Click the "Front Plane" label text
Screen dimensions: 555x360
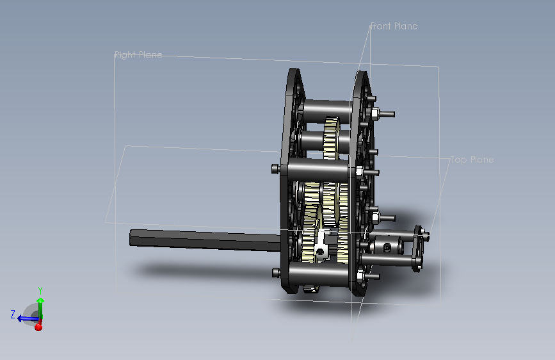(x=394, y=26)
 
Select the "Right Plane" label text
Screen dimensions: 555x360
(x=138, y=54)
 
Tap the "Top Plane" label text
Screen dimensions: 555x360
(x=472, y=160)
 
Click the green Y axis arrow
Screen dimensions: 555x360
(x=40, y=307)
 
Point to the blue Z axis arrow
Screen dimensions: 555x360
(x=28, y=318)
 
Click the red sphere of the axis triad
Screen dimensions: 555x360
(x=38, y=327)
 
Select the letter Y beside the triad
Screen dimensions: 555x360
(x=40, y=291)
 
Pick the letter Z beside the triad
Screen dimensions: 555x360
(x=13, y=315)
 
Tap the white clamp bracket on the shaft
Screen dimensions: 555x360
(x=322, y=245)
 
